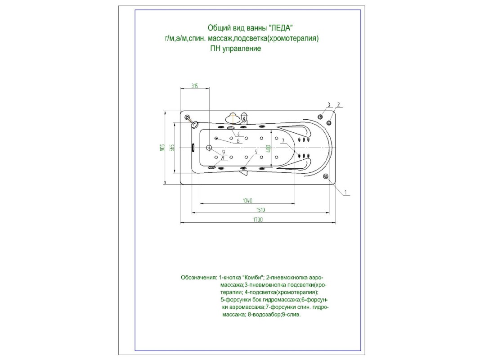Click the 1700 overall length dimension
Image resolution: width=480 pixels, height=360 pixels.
pos(257,220)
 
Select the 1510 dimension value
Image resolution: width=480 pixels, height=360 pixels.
pos(260,210)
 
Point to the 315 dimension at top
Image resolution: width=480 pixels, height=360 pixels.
pos(194,85)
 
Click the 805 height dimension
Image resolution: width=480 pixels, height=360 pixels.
pos(161,148)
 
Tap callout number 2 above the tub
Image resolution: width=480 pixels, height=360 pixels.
pos(338,104)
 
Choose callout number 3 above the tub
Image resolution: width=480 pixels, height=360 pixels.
pos(328,104)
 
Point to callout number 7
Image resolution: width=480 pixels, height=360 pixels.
pos(283,141)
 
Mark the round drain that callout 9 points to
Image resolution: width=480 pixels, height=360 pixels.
pos(209,148)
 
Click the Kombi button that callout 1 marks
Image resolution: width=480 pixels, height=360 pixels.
pos(326,176)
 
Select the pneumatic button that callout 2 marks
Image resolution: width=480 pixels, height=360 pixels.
pos(330,122)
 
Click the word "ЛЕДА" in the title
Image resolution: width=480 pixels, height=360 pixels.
pos(286,28)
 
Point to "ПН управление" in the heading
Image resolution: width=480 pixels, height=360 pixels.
pos(235,49)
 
